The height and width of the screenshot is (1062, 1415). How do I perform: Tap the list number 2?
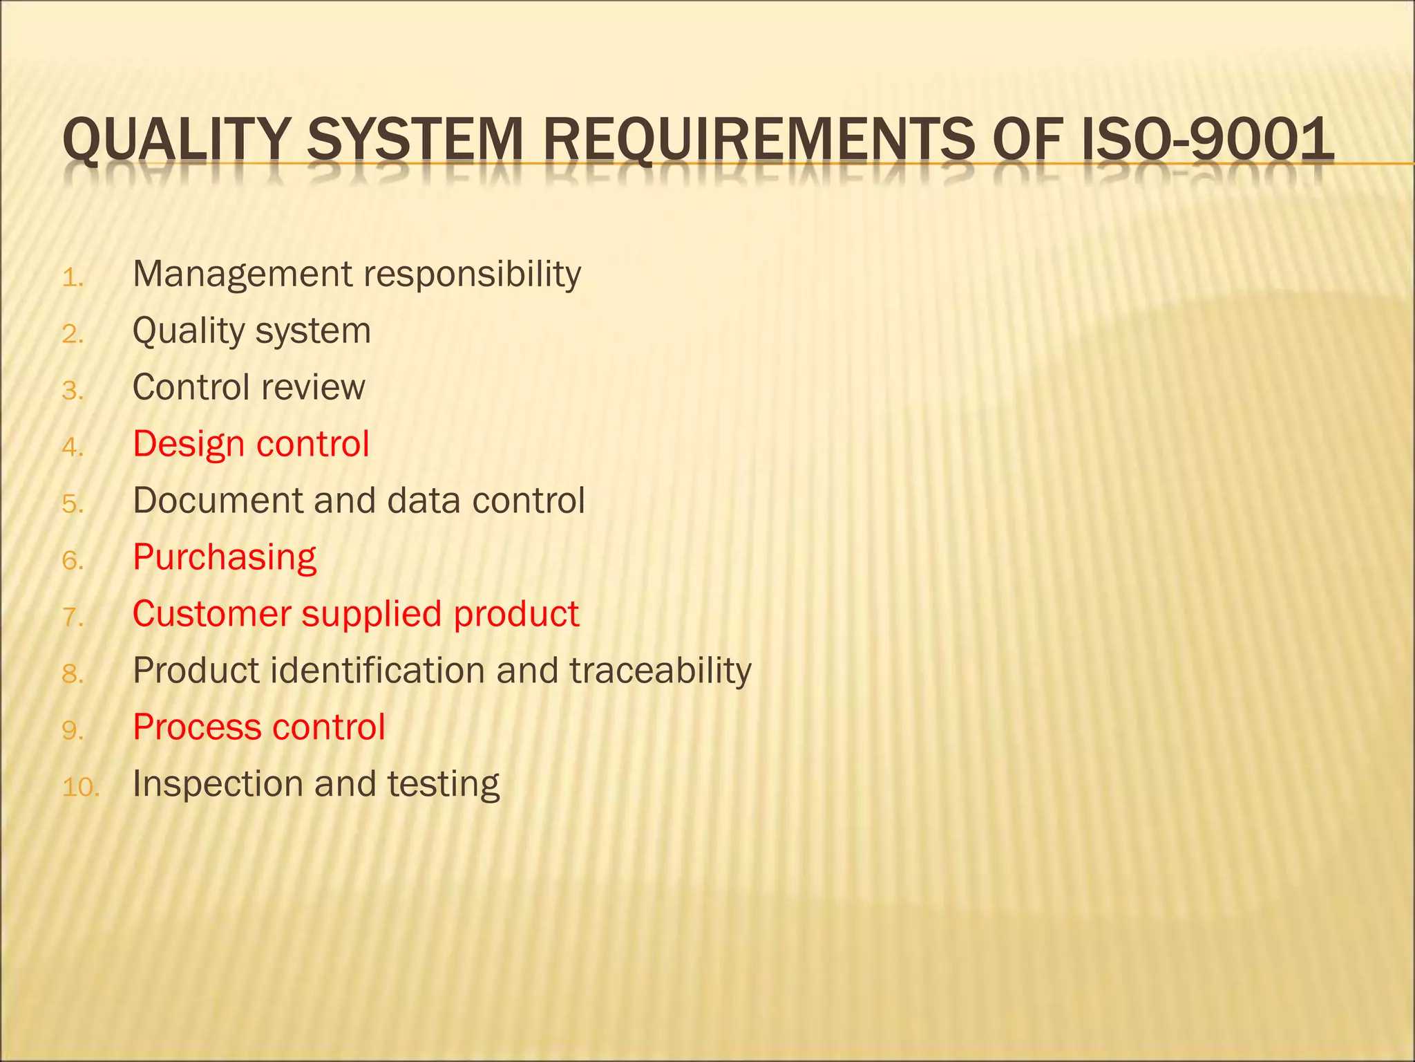coord(73,335)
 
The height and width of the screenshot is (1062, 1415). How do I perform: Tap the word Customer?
coord(212,615)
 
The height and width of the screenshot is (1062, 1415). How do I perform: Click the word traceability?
coord(661,671)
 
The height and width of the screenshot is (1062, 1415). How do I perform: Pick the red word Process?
coord(197,728)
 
